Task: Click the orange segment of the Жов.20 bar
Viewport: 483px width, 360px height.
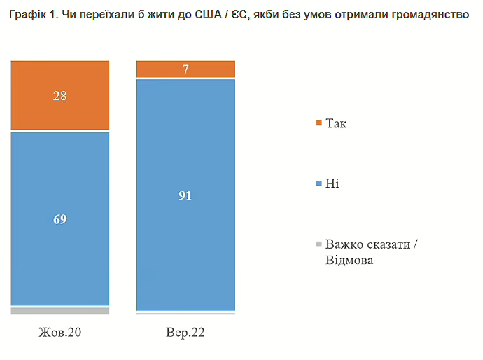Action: [x=60, y=95]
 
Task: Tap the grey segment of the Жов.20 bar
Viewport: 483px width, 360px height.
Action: [x=60, y=310]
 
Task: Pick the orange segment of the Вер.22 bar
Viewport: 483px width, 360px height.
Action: [x=185, y=69]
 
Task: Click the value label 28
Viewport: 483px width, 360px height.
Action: [x=60, y=96]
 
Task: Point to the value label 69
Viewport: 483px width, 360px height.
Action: [x=60, y=219]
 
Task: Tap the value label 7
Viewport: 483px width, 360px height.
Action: [x=185, y=69]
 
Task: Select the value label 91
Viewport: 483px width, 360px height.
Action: [x=185, y=195]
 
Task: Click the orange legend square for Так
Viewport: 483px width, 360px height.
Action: [x=319, y=123]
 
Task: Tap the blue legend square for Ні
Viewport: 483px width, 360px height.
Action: [x=319, y=183]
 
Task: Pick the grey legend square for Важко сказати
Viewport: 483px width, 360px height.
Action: [x=319, y=244]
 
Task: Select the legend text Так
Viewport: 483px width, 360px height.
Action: [x=336, y=124]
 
